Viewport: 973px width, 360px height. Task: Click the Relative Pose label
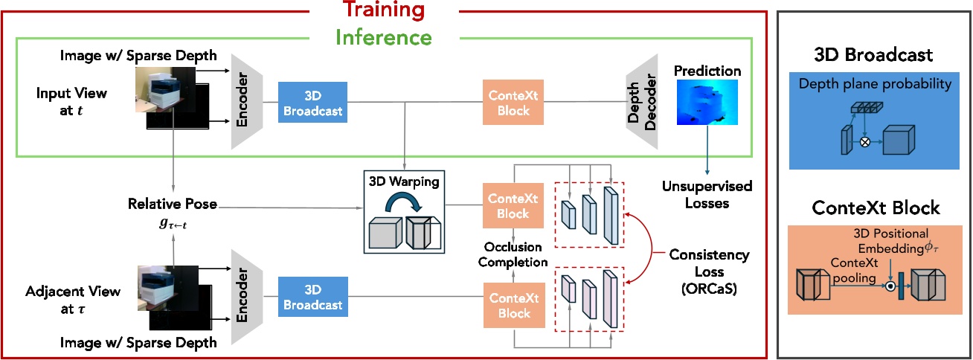(x=171, y=202)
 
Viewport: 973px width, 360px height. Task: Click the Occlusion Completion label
(x=513, y=254)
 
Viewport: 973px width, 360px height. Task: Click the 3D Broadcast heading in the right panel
(x=875, y=55)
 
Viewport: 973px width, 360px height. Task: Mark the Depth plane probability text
(x=875, y=84)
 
